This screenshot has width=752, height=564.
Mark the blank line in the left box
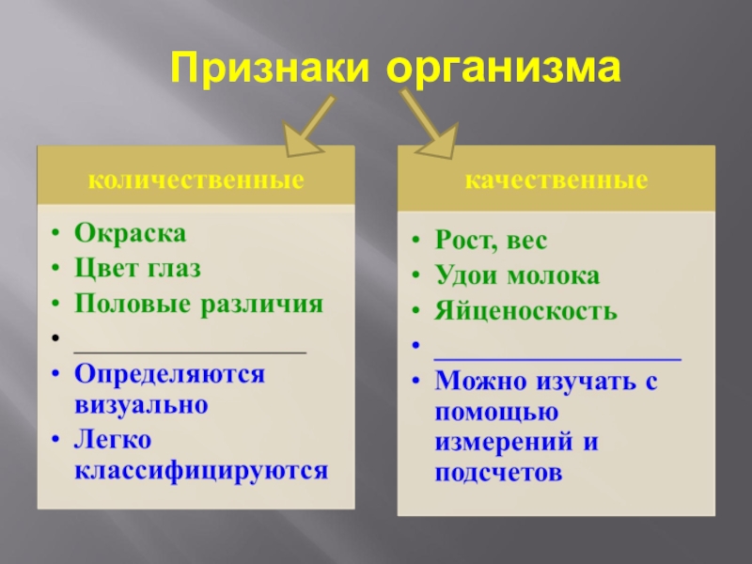[x=190, y=351]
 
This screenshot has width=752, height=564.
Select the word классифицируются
[x=201, y=470]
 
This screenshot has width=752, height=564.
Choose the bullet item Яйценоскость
[x=525, y=312]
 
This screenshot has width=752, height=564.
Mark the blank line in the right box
[x=556, y=358]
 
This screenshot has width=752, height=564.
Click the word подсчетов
[x=498, y=473]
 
